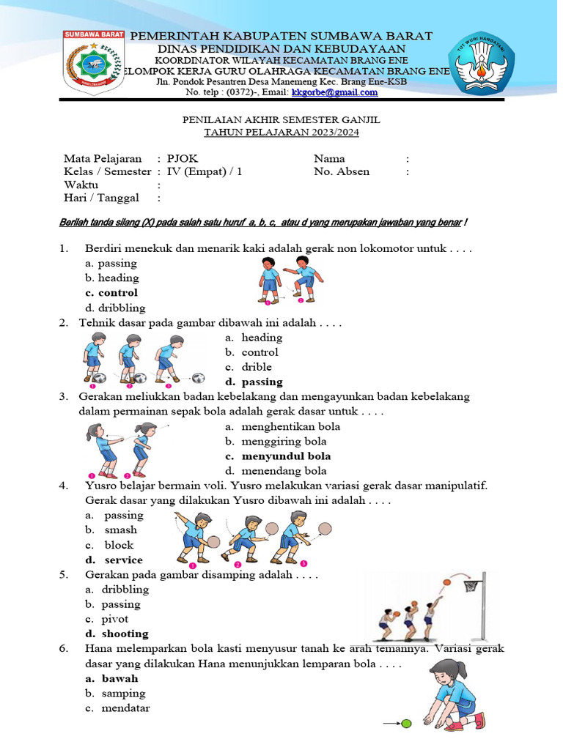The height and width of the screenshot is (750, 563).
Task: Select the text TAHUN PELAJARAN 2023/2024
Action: [x=281, y=133]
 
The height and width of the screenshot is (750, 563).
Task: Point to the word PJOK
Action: [x=182, y=158]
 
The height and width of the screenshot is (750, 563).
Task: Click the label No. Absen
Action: [x=342, y=171]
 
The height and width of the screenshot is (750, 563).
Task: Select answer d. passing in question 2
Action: [x=254, y=382]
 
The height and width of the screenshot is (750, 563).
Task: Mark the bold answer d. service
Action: [x=114, y=560]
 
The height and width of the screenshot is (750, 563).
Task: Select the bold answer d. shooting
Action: [x=117, y=634]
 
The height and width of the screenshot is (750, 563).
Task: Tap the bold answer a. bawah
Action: [x=111, y=678]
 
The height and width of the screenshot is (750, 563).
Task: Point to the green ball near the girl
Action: [x=406, y=724]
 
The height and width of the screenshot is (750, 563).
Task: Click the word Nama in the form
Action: [x=329, y=158]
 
